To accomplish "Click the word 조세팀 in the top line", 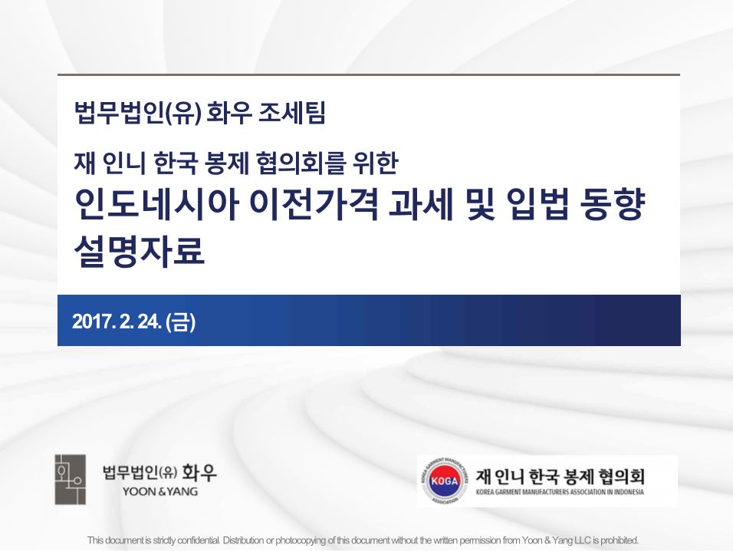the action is pyautogui.click(x=291, y=114).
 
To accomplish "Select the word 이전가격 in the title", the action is pyautogui.click(x=314, y=204).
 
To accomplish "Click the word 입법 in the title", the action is pyautogui.click(x=537, y=204).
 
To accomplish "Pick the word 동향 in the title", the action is pyautogui.click(x=612, y=204).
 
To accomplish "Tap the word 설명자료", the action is pyautogui.click(x=140, y=251).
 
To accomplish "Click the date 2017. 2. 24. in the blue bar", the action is pyautogui.click(x=117, y=322).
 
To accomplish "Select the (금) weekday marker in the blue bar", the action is pyautogui.click(x=180, y=322).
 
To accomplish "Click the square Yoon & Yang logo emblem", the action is pyautogui.click(x=70, y=480).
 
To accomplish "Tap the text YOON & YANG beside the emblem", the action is pyautogui.click(x=160, y=492).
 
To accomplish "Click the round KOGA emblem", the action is pyautogui.click(x=445, y=480).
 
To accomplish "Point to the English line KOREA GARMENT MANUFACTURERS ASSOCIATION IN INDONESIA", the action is pyautogui.click(x=560, y=492).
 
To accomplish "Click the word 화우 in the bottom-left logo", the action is pyautogui.click(x=199, y=472).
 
